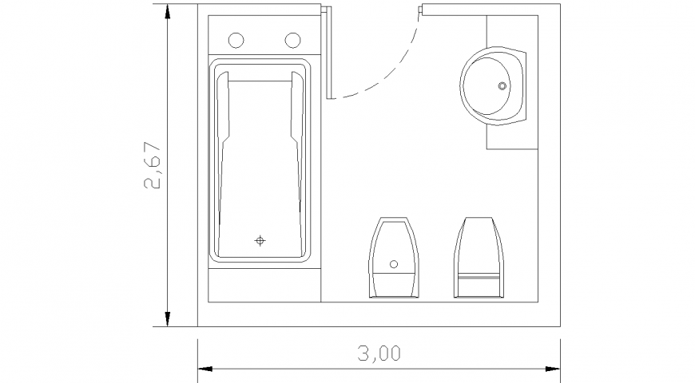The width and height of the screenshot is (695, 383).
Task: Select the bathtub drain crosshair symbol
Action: (260, 240)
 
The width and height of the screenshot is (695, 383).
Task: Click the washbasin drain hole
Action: (502, 85)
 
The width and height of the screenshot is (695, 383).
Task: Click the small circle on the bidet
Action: (393, 263)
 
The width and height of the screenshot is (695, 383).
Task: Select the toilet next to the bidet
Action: (479, 257)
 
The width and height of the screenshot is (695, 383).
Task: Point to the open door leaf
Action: (328, 52)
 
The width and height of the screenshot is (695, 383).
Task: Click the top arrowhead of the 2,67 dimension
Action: (167, 13)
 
